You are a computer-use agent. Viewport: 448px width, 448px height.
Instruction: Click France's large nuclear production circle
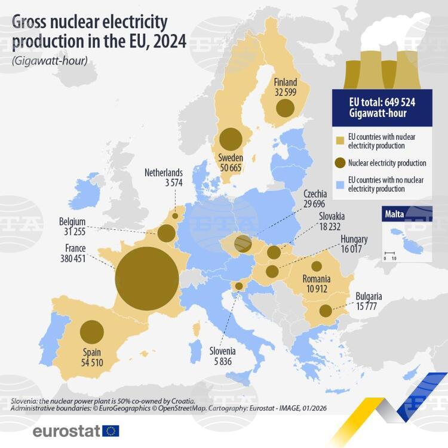[x=147, y=279]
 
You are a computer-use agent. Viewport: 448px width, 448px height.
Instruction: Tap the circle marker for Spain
[x=92, y=333]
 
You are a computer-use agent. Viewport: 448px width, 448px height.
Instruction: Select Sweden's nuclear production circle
[x=231, y=140]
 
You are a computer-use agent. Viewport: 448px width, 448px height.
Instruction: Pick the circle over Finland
[x=285, y=108]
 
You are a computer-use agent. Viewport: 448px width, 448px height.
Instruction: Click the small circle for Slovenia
[x=239, y=287]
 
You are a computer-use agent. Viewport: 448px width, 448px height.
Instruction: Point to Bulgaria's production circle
[x=326, y=311]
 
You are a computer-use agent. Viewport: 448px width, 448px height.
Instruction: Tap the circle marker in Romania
[x=317, y=266]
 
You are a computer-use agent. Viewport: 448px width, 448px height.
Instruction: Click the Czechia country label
[x=315, y=194]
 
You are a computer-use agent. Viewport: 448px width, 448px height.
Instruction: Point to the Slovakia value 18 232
[x=332, y=227]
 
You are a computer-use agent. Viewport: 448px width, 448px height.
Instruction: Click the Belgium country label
[x=73, y=221]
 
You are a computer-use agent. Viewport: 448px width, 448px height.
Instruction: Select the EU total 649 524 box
[x=382, y=108]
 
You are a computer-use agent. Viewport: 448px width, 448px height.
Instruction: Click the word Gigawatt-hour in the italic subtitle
[x=54, y=62]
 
